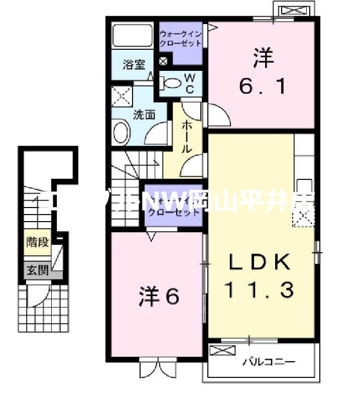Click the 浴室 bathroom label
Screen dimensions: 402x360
coord(134,64)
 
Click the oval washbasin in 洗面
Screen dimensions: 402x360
coord(121,133)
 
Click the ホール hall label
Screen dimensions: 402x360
coord(186,137)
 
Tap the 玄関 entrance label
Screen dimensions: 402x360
coord(38,270)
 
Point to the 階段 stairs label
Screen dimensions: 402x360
coord(38,243)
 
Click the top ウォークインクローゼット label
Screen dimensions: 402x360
coord(180,38)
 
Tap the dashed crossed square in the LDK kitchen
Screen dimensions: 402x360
coord(303,217)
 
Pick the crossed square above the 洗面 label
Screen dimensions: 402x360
coord(122,95)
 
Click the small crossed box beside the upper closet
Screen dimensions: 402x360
coord(163,62)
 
